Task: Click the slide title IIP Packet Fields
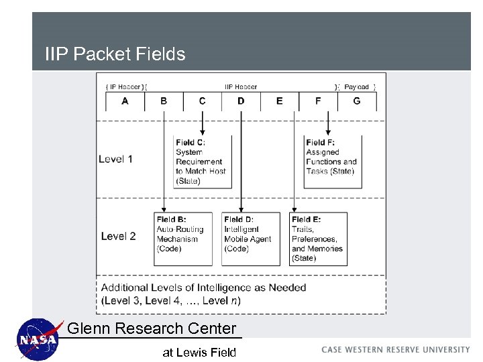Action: click(115, 54)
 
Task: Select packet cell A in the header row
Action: click(125, 101)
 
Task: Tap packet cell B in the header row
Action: click(164, 101)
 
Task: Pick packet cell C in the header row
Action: click(203, 101)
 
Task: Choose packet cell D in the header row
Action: click(241, 101)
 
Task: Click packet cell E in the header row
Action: click(279, 101)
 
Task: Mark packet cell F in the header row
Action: click(318, 101)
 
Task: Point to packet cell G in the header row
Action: click(356, 101)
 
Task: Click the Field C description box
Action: click(202, 162)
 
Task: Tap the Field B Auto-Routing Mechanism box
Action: click(182, 239)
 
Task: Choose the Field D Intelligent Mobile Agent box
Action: click(251, 239)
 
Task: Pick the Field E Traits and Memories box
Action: click(318, 239)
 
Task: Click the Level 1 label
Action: click(115, 159)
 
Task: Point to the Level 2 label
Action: click(118, 236)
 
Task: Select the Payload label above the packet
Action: click(356, 86)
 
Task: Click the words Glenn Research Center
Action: click(152, 328)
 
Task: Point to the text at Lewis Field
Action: click(199, 352)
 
